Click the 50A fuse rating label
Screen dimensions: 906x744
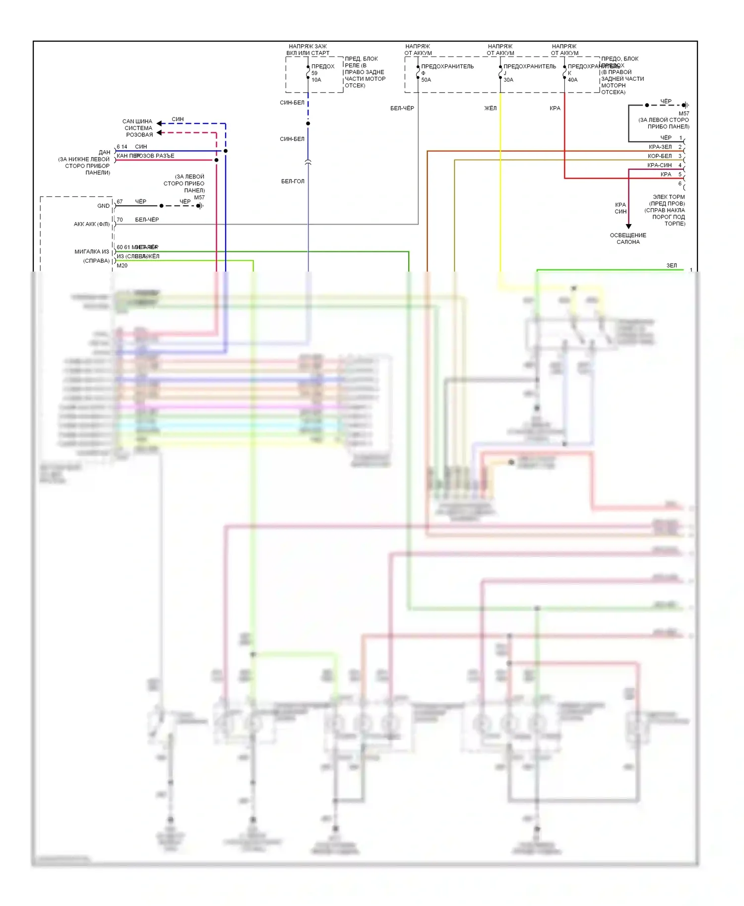click(426, 80)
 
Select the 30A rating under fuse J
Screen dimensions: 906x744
click(508, 80)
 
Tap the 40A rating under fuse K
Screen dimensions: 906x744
click(572, 80)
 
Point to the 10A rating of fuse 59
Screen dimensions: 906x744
click(316, 80)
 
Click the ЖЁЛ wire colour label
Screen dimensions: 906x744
click(490, 108)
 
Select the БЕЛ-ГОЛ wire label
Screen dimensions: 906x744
click(293, 181)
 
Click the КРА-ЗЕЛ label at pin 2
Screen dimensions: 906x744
click(660, 147)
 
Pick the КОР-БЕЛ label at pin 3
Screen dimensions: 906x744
click(660, 156)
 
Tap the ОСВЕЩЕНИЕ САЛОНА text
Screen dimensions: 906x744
click(628, 238)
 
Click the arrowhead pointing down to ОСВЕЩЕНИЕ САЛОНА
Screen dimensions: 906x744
click(628, 226)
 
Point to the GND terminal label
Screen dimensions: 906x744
click(103, 206)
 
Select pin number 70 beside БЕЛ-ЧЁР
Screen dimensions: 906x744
click(120, 220)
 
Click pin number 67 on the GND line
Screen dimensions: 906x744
click(120, 202)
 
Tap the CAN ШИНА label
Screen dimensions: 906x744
click(137, 121)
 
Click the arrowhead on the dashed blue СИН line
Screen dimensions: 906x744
click(160, 123)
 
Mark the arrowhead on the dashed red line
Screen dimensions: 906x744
click(160, 132)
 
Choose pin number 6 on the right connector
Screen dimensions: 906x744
click(680, 183)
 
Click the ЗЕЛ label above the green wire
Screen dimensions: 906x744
click(672, 266)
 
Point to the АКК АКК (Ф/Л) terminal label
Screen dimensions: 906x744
click(92, 224)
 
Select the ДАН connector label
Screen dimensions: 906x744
click(104, 152)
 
